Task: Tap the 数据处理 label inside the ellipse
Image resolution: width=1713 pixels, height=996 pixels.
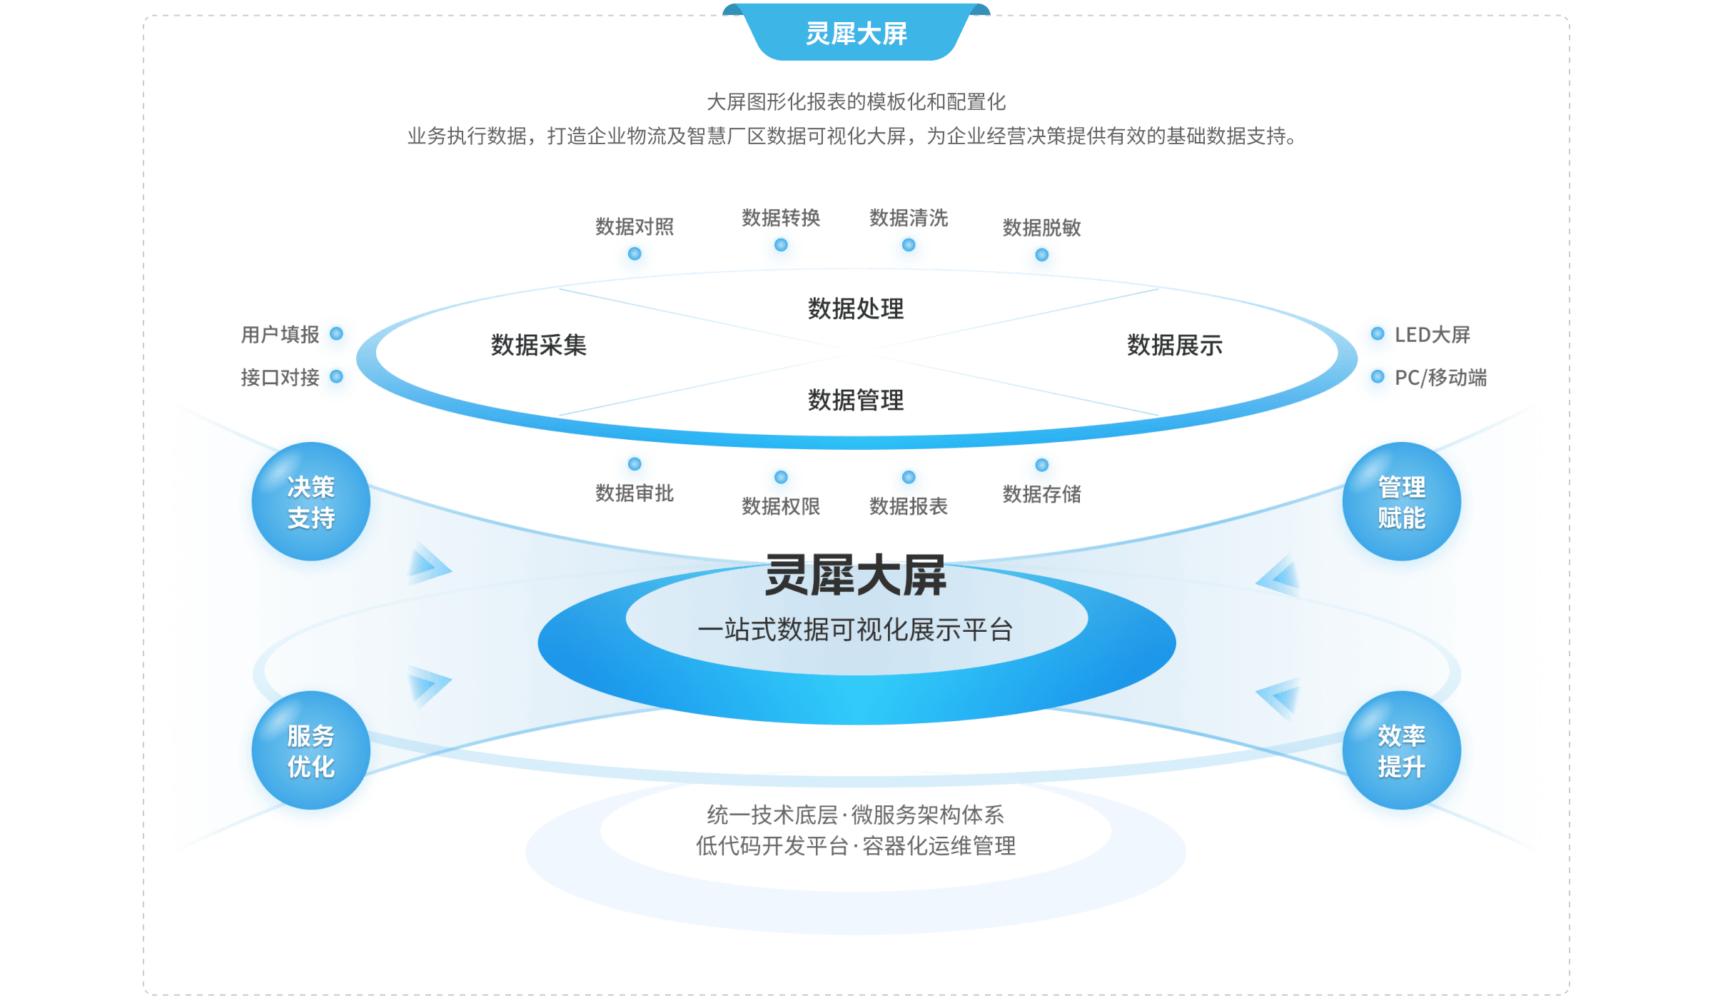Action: [x=856, y=309]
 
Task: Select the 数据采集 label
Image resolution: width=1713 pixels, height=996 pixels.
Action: [x=539, y=346]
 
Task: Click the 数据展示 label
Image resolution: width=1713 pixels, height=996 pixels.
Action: [x=1175, y=346]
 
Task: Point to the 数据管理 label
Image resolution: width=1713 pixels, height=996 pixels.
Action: [x=856, y=401]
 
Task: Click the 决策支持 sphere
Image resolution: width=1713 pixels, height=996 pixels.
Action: [x=311, y=503]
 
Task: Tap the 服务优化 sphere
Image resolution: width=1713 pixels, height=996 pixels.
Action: [x=311, y=752]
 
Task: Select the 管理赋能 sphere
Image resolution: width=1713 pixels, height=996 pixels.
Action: [x=1401, y=503]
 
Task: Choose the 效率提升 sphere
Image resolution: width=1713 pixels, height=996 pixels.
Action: [x=1401, y=752]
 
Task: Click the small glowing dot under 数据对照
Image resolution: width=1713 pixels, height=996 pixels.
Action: [x=635, y=256]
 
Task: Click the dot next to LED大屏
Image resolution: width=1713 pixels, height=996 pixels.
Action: [x=1377, y=335]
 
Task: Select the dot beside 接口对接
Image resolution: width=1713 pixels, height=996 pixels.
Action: [x=337, y=378]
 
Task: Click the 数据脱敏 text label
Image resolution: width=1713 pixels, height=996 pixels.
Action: [x=1041, y=228]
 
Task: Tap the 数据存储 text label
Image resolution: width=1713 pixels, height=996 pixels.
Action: [x=1041, y=494]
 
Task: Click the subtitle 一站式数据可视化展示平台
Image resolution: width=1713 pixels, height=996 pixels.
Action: [x=856, y=630]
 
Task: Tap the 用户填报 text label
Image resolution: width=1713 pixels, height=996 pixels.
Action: [x=279, y=335]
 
